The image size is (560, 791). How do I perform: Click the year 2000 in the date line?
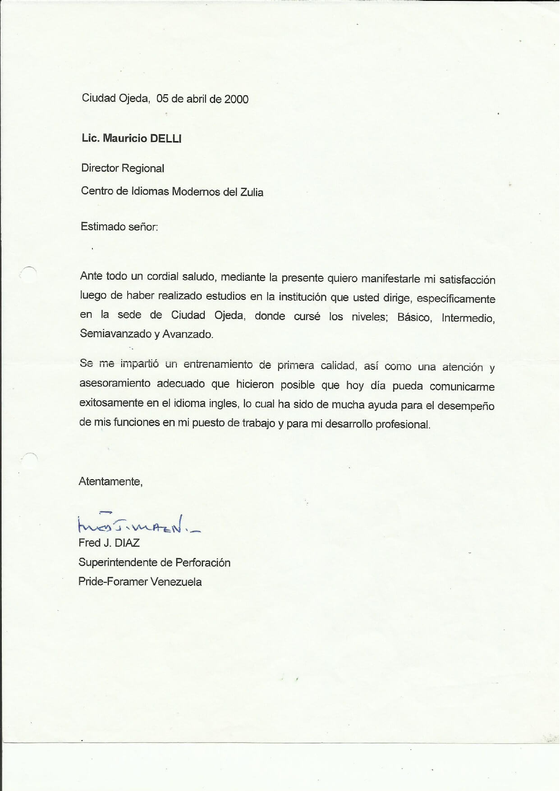[236, 99]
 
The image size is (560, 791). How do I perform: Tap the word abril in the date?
[196, 99]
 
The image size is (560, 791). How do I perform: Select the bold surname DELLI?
[165, 138]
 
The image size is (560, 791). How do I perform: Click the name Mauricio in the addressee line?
[125, 138]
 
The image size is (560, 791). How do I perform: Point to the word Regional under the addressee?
[143, 169]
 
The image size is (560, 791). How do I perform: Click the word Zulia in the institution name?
[252, 192]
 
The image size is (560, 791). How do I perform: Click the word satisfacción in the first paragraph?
[467, 280]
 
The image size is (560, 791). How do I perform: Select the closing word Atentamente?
[110, 482]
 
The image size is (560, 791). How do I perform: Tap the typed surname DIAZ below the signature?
[127, 543]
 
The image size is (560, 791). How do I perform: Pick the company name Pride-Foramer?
[113, 582]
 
